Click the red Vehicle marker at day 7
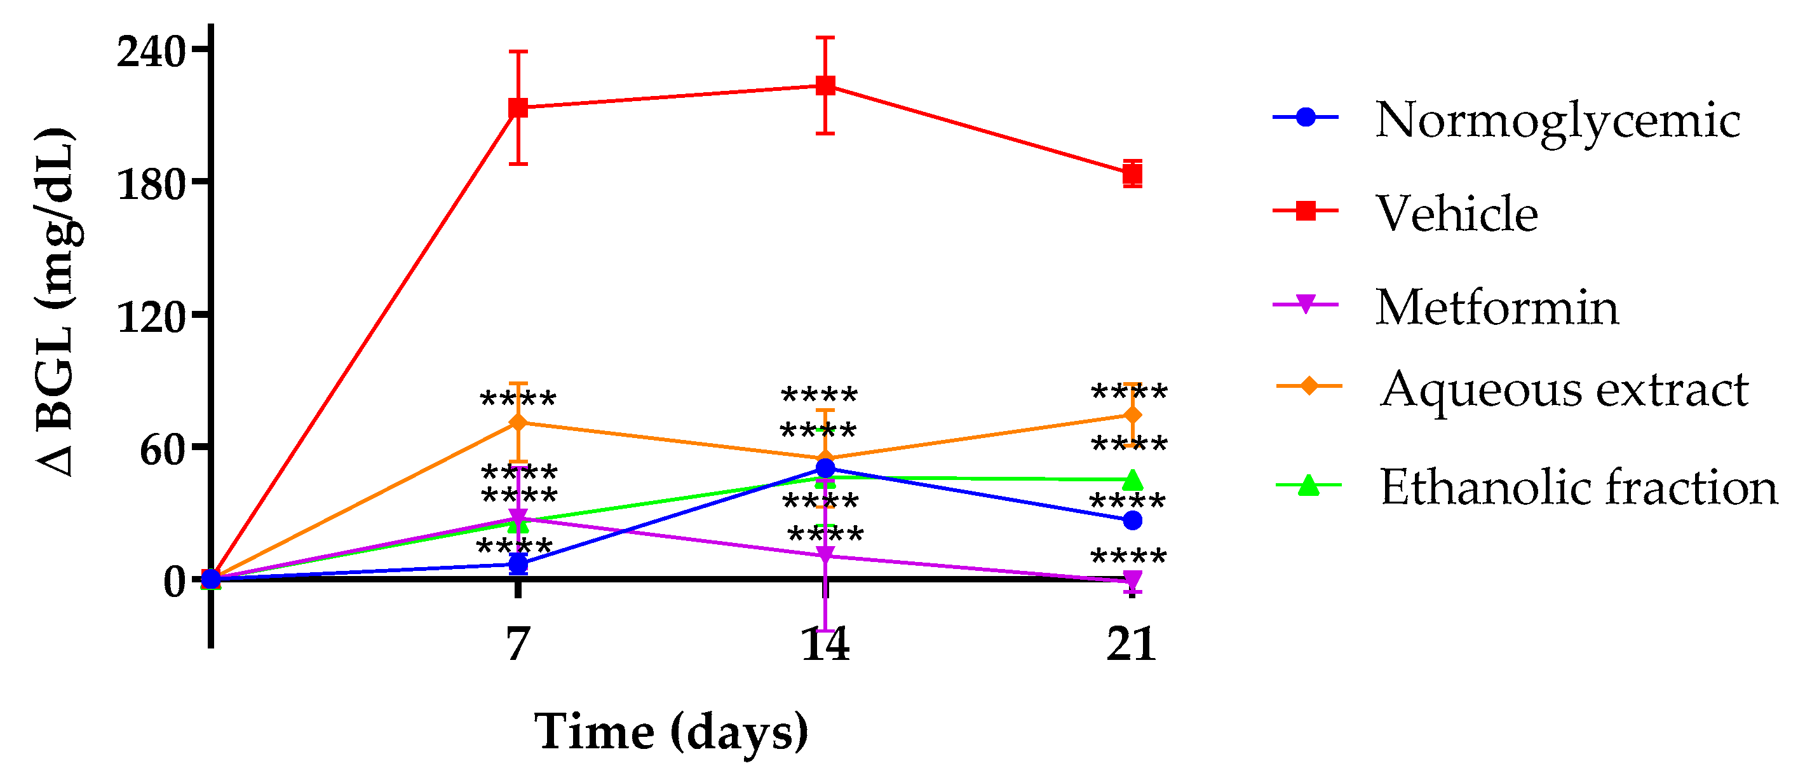(x=518, y=107)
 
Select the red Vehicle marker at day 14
(x=826, y=86)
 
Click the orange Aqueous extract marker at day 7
(x=518, y=422)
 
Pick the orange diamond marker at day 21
(x=1132, y=415)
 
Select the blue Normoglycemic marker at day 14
(x=826, y=468)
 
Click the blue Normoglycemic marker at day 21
(x=1132, y=520)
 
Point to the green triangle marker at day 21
(x=1132, y=479)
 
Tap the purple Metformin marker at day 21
(x=1132, y=580)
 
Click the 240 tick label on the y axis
(x=150, y=50)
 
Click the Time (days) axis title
(x=671, y=732)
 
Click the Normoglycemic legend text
(x=1557, y=120)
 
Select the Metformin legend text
(x=1497, y=306)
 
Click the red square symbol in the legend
(x=1305, y=210)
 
